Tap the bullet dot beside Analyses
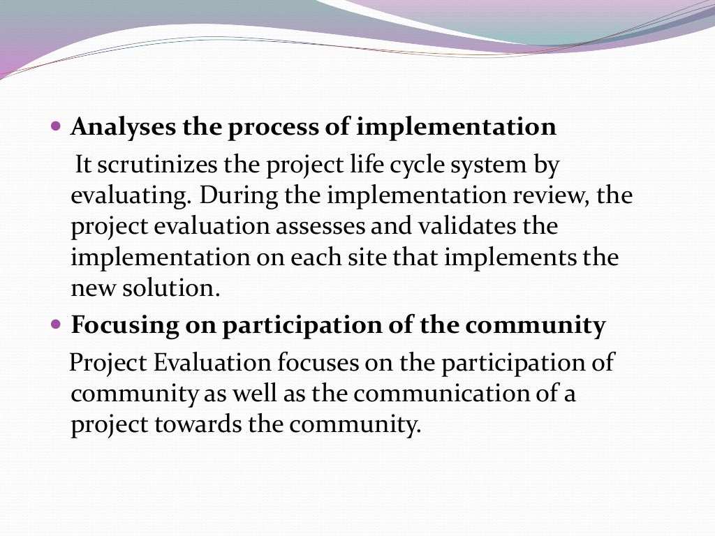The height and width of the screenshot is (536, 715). pos(57,128)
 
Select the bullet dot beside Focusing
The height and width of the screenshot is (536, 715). pos(57,326)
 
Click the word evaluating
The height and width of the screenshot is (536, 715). pos(130,196)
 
